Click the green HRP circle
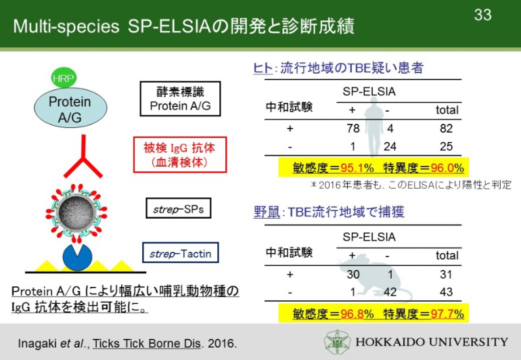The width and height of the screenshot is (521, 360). pyautogui.click(x=64, y=78)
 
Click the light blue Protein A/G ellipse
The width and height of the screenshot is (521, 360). pyautogui.click(x=70, y=108)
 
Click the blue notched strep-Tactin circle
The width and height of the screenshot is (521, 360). pyautogui.click(x=77, y=258)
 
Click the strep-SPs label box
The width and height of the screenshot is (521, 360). pyautogui.click(x=179, y=208)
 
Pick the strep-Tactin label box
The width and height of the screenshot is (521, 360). pyautogui.click(x=181, y=252)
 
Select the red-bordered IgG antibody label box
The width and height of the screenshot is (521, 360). pyautogui.click(x=180, y=154)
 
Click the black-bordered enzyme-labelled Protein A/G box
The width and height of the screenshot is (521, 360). pyautogui.click(x=180, y=99)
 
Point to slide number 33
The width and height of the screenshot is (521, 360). pyautogui.click(x=482, y=15)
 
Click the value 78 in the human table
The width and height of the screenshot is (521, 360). pyautogui.click(x=353, y=129)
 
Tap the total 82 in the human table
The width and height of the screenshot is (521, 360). pyautogui.click(x=446, y=129)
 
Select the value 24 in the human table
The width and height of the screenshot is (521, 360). pyautogui.click(x=390, y=146)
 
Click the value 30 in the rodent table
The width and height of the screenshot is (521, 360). pyautogui.click(x=353, y=274)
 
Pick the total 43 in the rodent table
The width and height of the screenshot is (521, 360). pyautogui.click(x=446, y=292)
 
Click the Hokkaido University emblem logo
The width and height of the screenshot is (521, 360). pyautogui.click(x=337, y=342)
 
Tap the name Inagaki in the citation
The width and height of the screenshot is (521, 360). pyautogui.click(x=37, y=344)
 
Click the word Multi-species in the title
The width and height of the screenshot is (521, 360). pyautogui.click(x=66, y=26)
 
